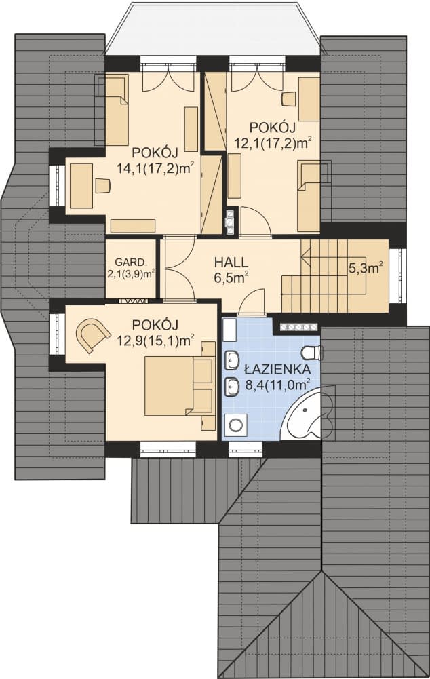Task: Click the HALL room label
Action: coord(231,262)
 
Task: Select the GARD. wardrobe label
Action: coord(129,262)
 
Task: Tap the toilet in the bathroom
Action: coord(312,353)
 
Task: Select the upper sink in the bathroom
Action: coord(232,360)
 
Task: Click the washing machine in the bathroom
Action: coord(235,425)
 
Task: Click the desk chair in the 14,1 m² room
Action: coord(102,185)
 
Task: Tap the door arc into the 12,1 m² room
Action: coord(255,221)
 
